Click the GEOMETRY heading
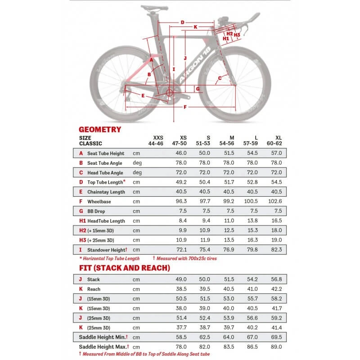click(x=100, y=129)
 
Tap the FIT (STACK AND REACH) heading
click(x=124, y=268)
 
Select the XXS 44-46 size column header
click(x=158, y=140)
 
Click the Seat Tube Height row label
click(x=106, y=153)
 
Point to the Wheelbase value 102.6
click(x=274, y=202)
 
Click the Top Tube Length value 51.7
click(x=229, y=182)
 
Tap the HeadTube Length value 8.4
click(x=182, y=220)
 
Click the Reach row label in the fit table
click(x=94, y=289)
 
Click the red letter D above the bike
click(x=183, y=22)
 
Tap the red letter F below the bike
click(x=185, y=107)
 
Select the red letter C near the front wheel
click(x=220, y=78)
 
